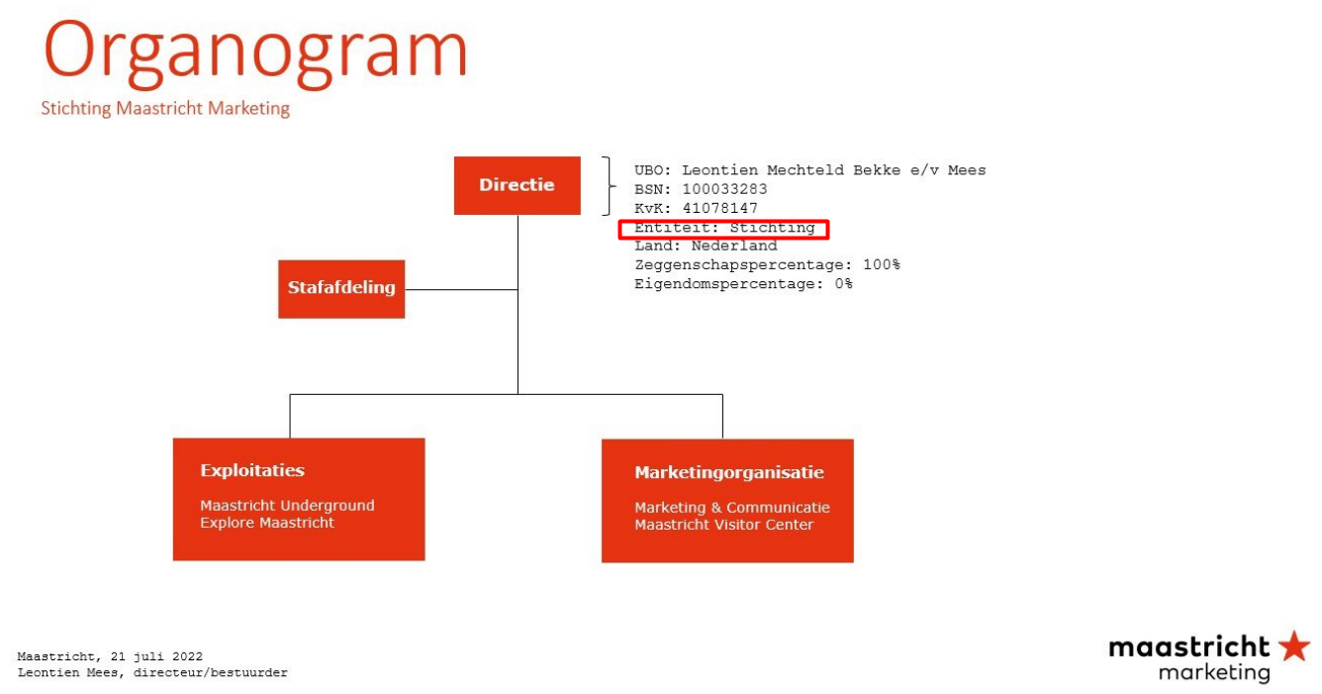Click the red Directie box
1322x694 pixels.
517,185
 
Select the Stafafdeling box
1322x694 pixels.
341,289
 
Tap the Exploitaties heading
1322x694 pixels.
252,470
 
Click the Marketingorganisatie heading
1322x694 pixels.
729,472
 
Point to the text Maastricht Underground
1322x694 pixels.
287,506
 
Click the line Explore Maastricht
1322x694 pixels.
267,523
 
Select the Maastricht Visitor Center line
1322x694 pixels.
724,525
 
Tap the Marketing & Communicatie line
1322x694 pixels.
732,507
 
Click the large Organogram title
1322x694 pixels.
255,53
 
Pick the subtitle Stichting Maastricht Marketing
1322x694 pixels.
165,109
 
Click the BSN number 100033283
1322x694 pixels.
724,189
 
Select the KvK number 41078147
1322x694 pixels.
720,208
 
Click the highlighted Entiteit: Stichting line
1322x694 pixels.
724,228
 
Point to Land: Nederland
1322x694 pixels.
706,246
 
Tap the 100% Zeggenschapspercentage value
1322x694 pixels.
882,264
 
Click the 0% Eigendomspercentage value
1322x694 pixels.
843,284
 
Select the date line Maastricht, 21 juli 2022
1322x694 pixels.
110,656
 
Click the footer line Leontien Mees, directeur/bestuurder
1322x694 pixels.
152,672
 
